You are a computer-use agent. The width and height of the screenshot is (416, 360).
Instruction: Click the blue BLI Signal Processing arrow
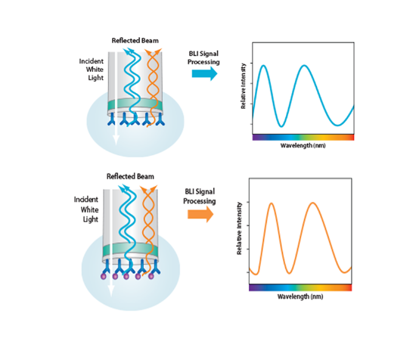coord(204,73)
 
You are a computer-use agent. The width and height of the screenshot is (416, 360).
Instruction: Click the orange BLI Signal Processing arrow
coord(200,214)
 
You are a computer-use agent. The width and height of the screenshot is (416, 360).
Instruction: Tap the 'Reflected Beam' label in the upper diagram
coord(135,41)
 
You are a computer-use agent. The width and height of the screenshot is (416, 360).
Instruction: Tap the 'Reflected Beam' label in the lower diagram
coord(130,176)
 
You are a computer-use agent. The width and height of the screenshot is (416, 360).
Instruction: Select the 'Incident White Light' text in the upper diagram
coord(92,70)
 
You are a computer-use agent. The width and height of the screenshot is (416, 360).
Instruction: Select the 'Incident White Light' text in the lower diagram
coord(86,209)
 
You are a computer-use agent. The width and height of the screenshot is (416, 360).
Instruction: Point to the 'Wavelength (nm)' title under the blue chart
coord(303,145)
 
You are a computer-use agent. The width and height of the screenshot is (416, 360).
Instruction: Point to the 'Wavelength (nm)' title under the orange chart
coord(300,296)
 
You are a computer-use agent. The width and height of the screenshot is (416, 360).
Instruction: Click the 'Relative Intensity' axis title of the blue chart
coord(244,86)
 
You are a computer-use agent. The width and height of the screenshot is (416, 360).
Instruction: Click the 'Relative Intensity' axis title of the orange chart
coord(239,228)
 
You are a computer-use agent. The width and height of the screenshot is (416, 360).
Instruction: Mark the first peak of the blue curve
coord(263,65)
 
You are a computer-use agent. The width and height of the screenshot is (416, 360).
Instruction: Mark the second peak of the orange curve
coord(313,203)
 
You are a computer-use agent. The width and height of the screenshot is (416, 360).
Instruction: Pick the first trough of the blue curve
coord(281,126)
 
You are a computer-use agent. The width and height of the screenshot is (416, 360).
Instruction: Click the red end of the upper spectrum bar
coord(351,137)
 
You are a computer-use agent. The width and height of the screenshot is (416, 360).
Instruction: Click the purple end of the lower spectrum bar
coord(253,287)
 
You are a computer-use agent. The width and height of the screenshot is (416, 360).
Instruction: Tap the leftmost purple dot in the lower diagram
coord(104,277)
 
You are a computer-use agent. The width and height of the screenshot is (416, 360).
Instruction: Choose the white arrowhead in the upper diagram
coord(116,140)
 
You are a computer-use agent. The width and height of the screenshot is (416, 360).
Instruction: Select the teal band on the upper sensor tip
coord(135,105)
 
